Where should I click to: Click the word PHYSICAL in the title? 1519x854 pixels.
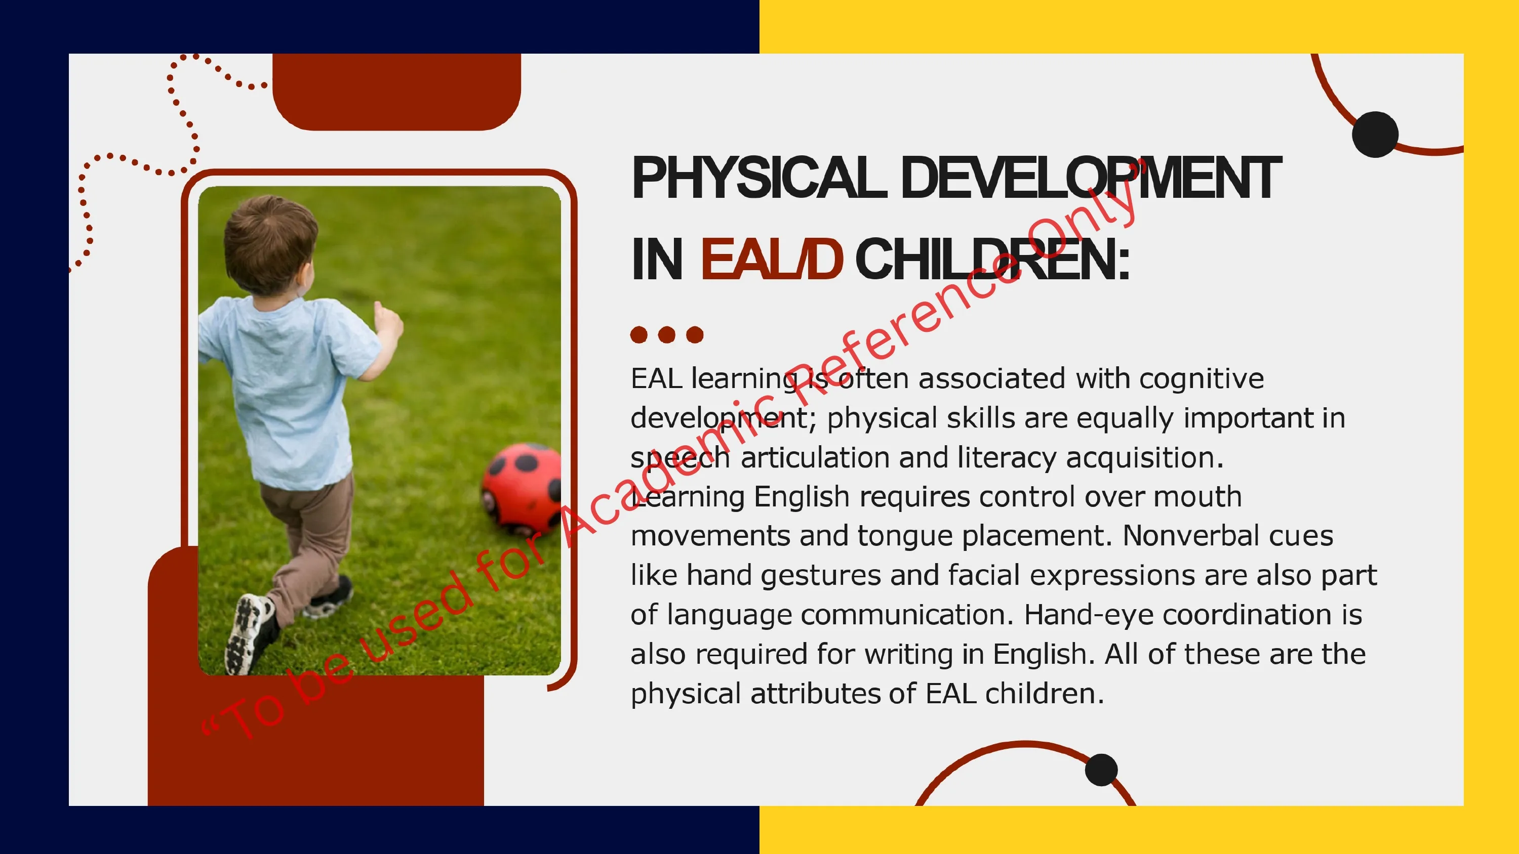click(x=759, y=178)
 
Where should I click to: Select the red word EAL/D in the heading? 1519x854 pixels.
click(x=771, y=260)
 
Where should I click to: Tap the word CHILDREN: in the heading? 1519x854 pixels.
click(x=992, y=260)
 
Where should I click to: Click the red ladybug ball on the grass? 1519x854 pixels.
click(x=522, y=487)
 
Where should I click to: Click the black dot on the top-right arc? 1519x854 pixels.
click(x=1375, y=135)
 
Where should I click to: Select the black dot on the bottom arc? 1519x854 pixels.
click(x=1101, y=770)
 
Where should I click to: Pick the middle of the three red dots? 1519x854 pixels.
click(x=666, y=335)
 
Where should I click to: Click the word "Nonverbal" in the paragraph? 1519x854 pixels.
click(x=1228, y=536)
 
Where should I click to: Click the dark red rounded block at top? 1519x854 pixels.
click(x=396, y=92)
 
